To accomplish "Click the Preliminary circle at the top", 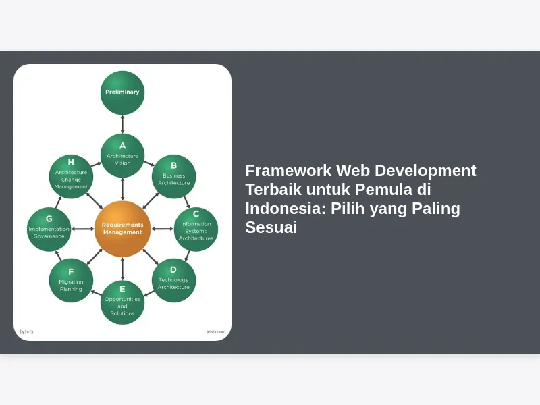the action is (122, 92).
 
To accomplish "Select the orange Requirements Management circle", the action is (122, 229).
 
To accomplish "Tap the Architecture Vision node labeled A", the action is (122, 156).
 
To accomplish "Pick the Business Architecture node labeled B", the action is (173, 176).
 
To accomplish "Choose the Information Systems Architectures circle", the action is (196, 229).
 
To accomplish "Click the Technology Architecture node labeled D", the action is (173, 280).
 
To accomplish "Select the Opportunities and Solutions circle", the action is (122, 302).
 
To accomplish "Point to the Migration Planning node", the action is (71, 280).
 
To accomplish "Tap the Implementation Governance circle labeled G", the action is (49, 229).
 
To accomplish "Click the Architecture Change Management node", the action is (71, 176).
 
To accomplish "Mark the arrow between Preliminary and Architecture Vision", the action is (122, 124).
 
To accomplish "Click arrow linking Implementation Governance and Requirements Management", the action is (82, 229).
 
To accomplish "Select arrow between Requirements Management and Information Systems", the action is (162, 229).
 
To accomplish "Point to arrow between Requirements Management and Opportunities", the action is (122, 269).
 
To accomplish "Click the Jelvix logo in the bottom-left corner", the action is (26, 331).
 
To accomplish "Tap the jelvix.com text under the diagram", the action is (216, 331).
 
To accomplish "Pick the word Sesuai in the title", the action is (271, 227).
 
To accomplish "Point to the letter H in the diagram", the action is (71, 162).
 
